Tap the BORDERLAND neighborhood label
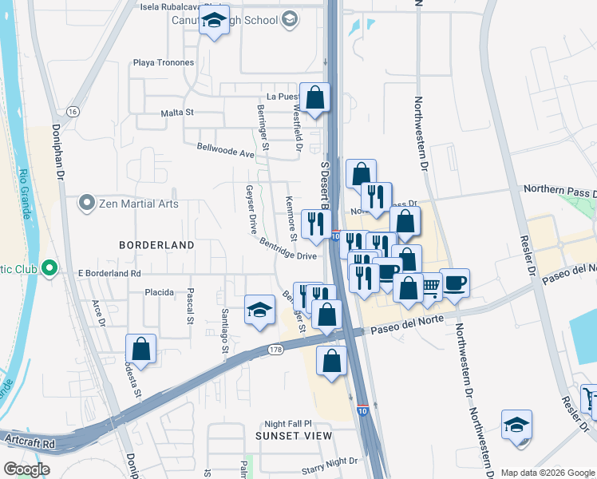tap(157, 244)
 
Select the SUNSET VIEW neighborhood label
tap(293, 436)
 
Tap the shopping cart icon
tap(431, 285)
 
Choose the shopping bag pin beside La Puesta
tap(315, 97)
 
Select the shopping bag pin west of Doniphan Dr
tap(140, 348)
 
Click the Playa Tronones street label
tap(164, 62)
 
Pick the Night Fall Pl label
tap(287, 424)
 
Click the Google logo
tap(27, 469)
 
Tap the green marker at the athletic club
tap(49, 267)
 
